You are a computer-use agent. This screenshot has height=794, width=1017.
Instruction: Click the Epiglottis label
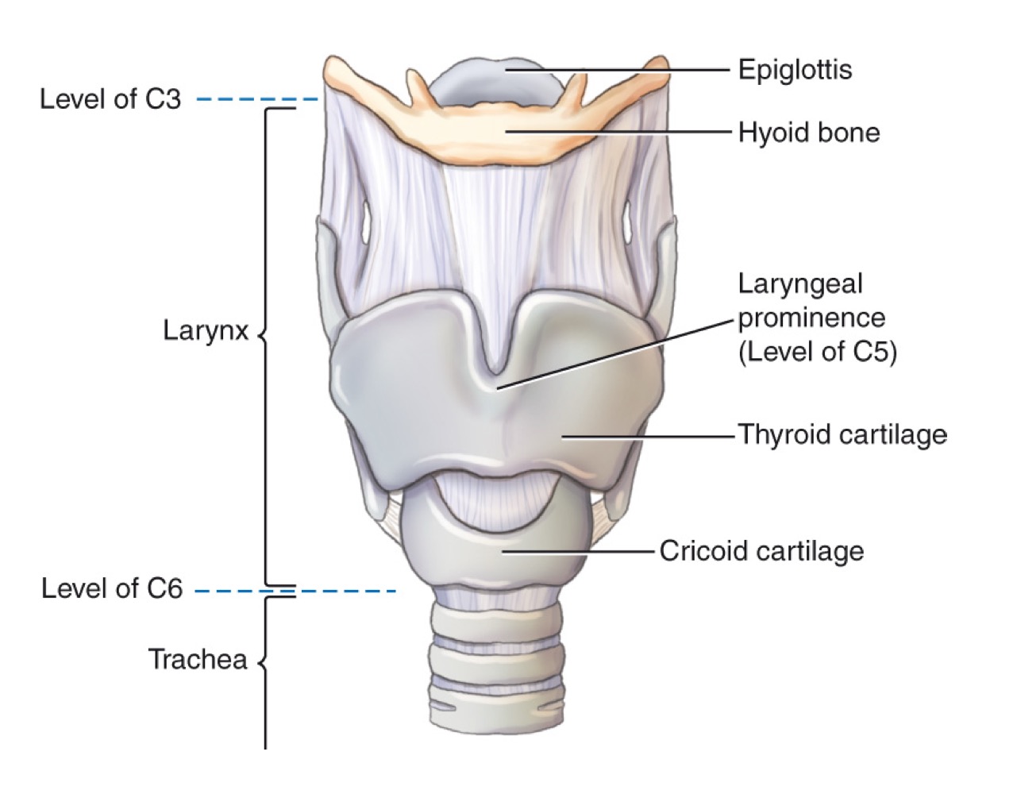(x=795, y=70)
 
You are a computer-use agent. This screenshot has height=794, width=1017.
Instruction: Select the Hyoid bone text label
(x=808, y=132)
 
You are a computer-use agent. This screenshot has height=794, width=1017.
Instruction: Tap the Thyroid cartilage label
(x=842, y=435)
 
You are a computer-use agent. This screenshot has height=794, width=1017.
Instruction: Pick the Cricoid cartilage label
(x=761, y=550)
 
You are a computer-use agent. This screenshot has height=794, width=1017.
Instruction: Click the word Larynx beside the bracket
(x=206, y=330)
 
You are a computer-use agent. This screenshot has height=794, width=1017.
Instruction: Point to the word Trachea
(x=198, y=659)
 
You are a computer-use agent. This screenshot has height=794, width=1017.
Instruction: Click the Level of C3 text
(x=110, y=99)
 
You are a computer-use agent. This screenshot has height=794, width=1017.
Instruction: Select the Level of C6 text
(x=112, y=588)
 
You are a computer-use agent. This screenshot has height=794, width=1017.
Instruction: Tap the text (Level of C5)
(x=817, y=352)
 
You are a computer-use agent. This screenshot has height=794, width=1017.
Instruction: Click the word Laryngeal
(x=800, y=283)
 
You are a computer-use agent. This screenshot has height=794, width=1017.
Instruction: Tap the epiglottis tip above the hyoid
(x=492, y=71)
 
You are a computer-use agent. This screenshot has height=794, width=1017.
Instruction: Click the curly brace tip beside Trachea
(x=260, y=661)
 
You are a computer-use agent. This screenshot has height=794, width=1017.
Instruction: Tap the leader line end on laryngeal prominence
(x=498, y=387)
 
